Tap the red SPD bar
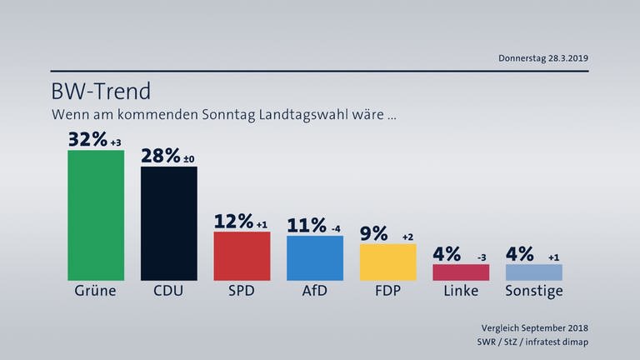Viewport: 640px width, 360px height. pos(242,256)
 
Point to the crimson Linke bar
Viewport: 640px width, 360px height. pos(461,272)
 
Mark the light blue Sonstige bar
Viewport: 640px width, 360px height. pos(534,272)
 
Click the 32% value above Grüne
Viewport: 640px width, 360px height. pos(87,139)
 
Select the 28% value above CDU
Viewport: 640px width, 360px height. pos(161,156)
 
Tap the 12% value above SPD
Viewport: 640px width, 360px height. pos(233,222)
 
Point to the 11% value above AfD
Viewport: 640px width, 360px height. pos(307,226)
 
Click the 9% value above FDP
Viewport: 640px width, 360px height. pos(374,233)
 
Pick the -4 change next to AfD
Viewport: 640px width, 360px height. pos(335,229)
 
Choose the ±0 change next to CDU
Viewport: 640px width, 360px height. pos(190,159)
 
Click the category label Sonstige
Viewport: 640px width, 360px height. pos(534,292)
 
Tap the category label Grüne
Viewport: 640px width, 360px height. pos(96,292)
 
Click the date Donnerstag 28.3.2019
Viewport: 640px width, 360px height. pos(543,58)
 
